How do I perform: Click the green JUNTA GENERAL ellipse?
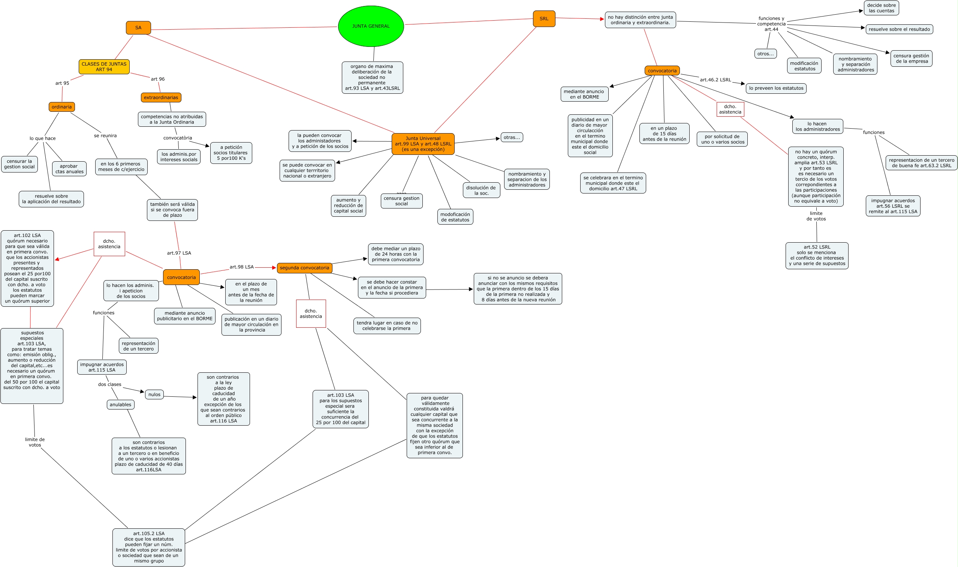371,26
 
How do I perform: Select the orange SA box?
138,28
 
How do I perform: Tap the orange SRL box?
544,19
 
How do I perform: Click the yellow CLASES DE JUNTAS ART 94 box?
104,67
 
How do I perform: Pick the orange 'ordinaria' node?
61,107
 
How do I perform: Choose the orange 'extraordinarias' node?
161,97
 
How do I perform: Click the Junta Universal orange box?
423,144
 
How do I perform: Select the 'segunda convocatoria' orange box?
304,268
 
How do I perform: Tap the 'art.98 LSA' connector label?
241,267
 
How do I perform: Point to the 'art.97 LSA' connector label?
179,253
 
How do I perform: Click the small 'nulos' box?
154,394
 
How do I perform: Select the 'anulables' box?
120,405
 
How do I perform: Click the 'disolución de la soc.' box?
481,190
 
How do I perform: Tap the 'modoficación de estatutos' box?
455,217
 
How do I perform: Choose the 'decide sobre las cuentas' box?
881,8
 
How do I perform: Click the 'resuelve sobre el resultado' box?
899,29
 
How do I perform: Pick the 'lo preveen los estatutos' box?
776,88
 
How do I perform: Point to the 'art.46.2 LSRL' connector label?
715,80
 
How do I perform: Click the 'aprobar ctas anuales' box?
69,169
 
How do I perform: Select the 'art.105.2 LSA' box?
148,547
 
